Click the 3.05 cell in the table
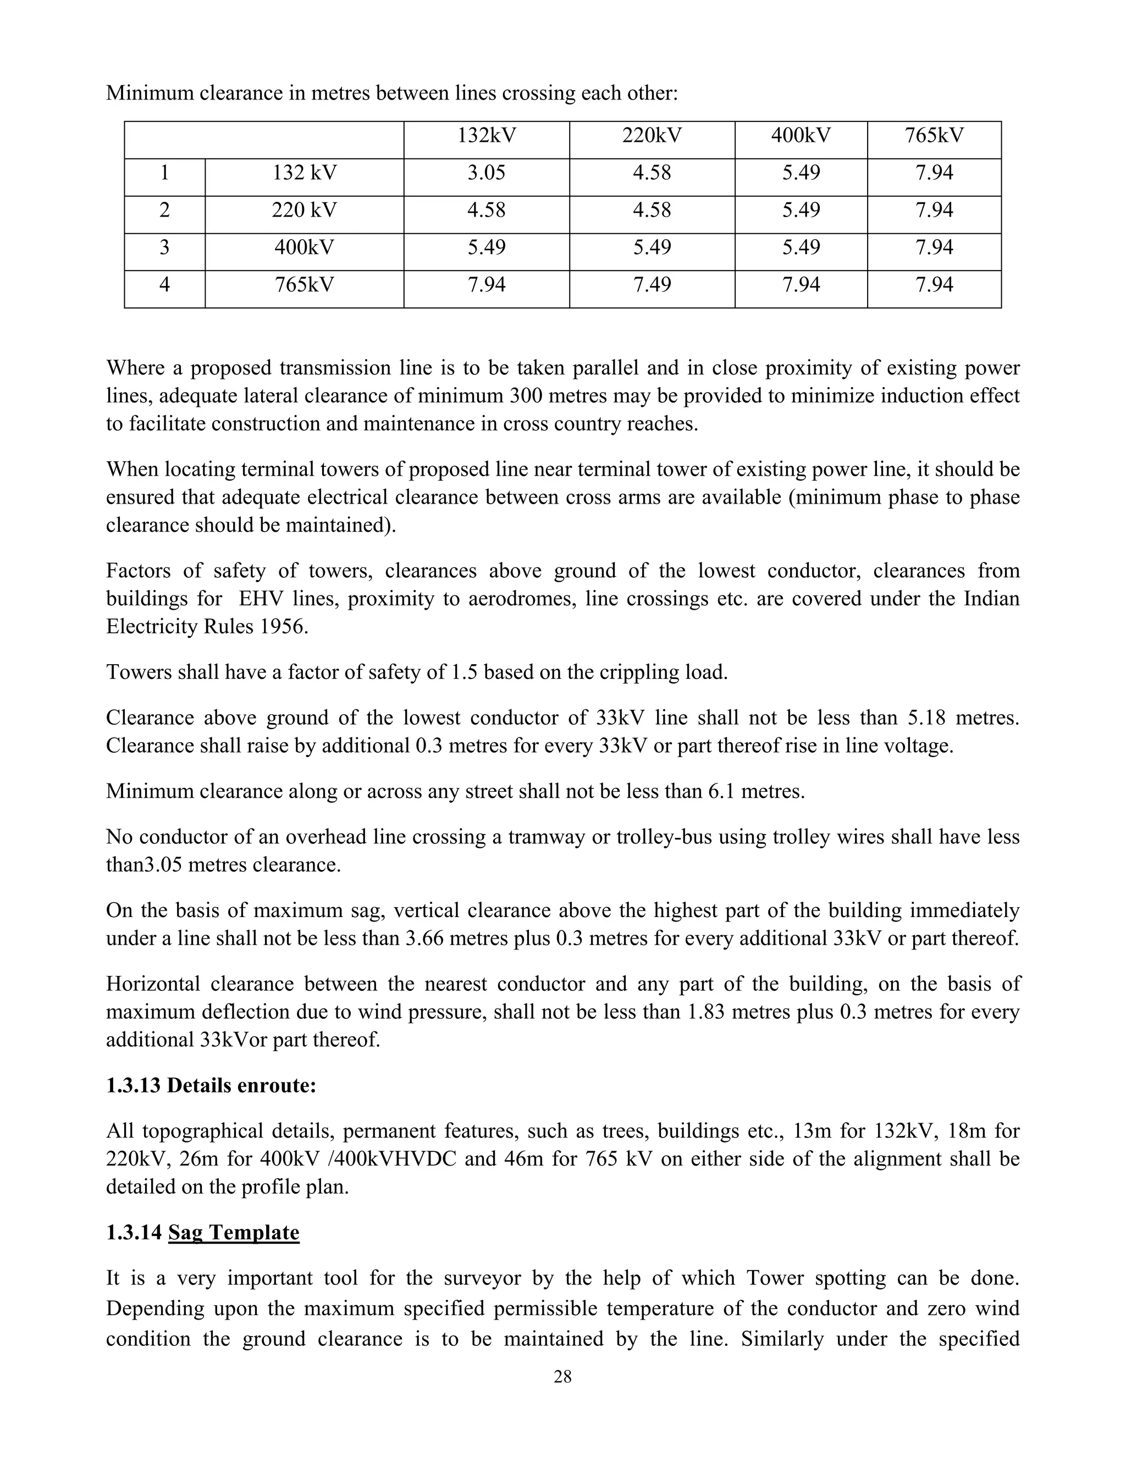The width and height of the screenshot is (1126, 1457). tap(486, 173)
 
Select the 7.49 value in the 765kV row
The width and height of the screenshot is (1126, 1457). tap(652, 285)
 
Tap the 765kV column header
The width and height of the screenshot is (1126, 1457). tap(934, 136)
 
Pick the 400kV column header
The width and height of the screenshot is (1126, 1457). tap(801, 136)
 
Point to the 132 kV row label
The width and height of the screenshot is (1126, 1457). tap(304, 173)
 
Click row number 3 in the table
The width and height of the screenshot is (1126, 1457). tap(164, 248)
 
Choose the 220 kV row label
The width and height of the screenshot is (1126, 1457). tap(304, 211)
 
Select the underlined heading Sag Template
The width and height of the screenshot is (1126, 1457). tap(234, 1232)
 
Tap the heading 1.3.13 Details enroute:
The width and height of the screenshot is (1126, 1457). tap(211, 1085)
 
